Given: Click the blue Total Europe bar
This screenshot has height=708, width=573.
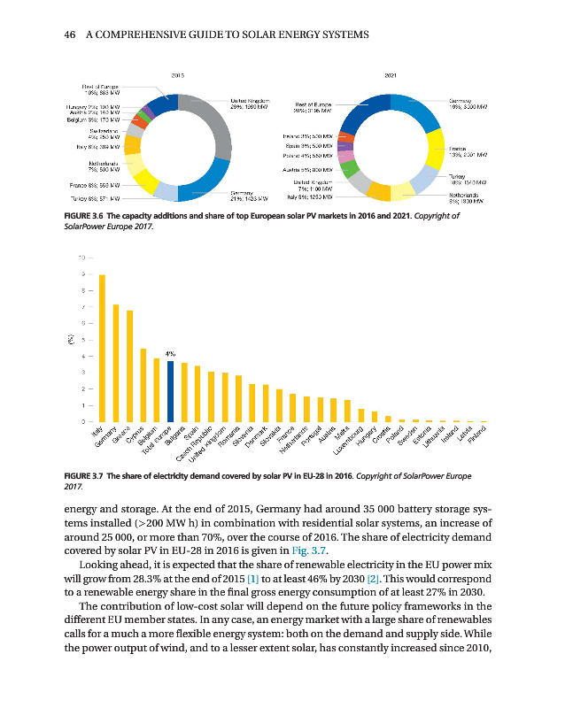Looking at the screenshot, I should (x=171, y=391).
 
